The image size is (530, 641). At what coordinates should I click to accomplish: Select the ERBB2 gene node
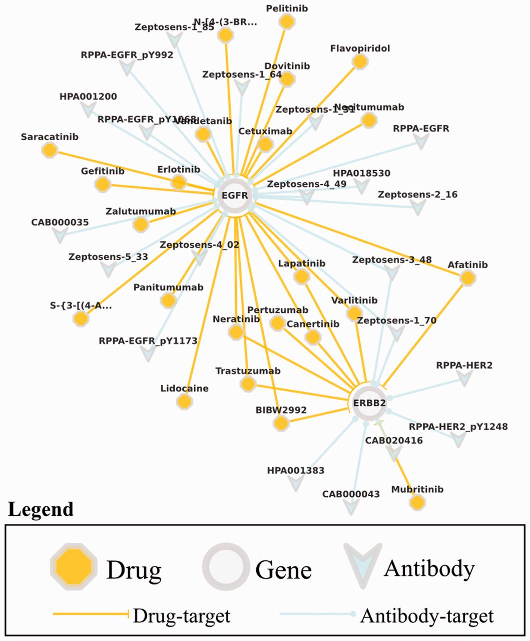(x=371, y=403)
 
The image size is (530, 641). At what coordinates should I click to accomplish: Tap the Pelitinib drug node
(x=286, y=22)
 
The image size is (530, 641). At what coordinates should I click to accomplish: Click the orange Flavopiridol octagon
(x=359, y=62)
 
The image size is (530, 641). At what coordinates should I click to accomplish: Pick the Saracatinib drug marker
(x=50, y=150)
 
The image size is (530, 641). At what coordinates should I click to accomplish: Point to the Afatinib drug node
(x=467, y=278)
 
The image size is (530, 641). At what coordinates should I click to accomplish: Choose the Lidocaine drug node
(x=185, y=401)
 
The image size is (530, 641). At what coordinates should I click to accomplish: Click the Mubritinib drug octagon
(x=417, y=502)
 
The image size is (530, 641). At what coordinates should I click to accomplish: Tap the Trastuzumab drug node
(x=248, y=384)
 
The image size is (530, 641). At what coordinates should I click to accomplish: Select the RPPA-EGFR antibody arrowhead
(x=423, y=142)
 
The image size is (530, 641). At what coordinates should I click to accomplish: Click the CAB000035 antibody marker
(x=61, y=235)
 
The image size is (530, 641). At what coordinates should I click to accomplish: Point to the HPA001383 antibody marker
(x=296, y=483)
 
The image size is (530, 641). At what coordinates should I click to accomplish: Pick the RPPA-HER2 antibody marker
(x=465, y=379)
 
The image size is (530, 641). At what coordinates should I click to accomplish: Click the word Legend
(x=41, y=509)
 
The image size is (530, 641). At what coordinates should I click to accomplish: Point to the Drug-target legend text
(x=181, y=615)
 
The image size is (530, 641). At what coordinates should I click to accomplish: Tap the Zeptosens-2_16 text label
(x=417, y=194)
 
